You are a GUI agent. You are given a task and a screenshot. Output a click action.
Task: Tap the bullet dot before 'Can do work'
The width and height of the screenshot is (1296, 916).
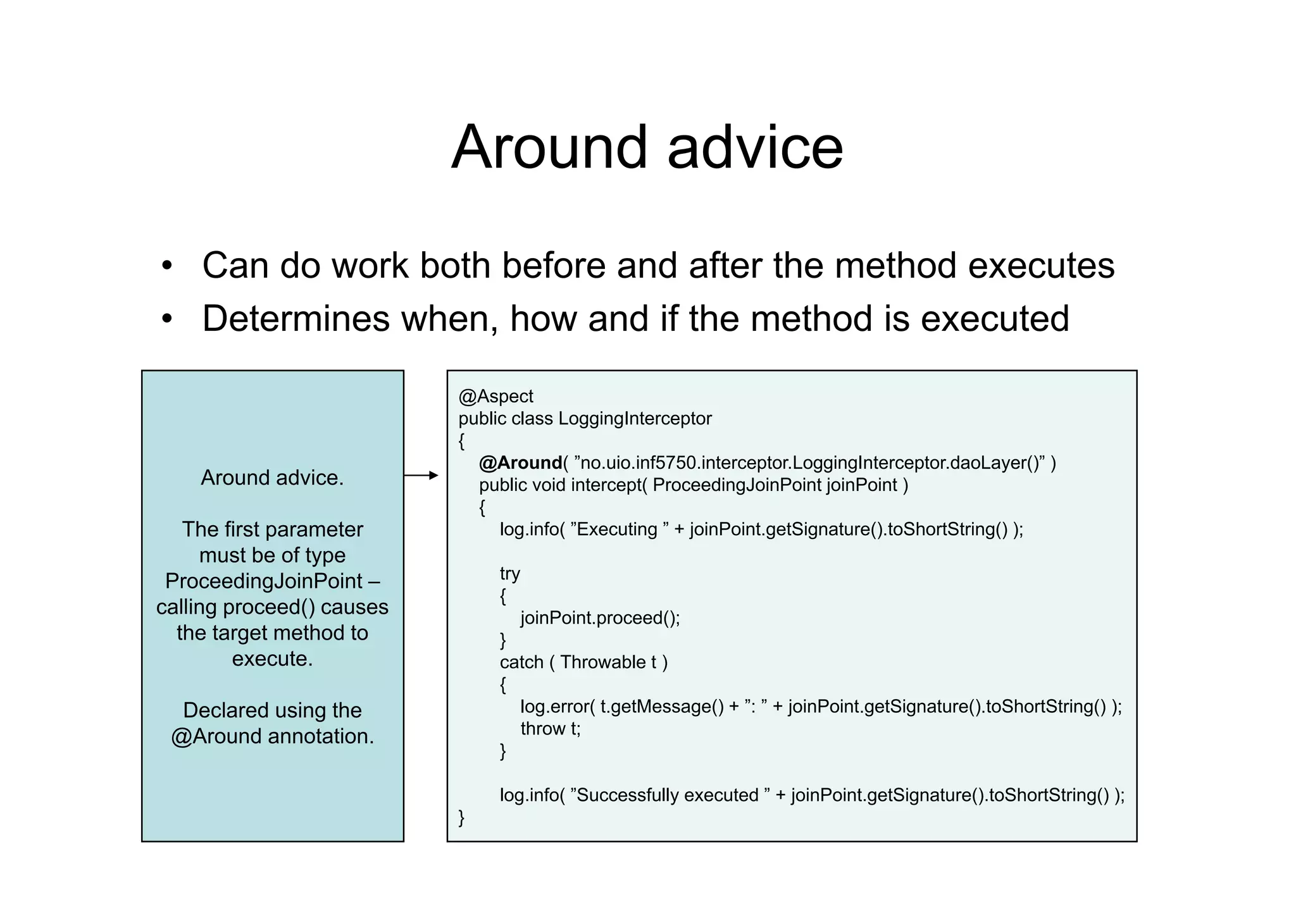[166, 266]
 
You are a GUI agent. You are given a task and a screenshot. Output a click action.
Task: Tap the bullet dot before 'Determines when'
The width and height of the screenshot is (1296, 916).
[166, 319]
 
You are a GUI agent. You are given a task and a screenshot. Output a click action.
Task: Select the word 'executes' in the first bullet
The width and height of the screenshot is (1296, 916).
[1041, 266]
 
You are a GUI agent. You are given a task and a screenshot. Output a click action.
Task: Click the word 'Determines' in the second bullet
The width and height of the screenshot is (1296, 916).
[296, 319]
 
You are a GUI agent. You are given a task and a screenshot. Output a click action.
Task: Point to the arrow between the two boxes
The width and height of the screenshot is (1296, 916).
[421, 475]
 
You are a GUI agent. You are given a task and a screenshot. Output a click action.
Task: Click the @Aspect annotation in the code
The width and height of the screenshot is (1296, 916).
[495, 397]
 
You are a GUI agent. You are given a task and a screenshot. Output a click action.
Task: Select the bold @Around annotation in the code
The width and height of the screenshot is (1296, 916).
[520, 463]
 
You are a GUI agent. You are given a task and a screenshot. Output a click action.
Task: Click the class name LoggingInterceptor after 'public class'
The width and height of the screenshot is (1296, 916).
[635, 419]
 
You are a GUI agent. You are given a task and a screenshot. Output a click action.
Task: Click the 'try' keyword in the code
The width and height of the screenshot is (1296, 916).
[509, 574]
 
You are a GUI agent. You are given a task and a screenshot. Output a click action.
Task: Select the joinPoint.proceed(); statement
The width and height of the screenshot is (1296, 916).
[600, 618]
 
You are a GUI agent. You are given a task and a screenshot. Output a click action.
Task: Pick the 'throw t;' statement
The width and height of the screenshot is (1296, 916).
[550, 729]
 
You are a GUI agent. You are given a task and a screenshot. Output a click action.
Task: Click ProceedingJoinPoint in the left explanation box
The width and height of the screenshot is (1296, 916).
[264, 581]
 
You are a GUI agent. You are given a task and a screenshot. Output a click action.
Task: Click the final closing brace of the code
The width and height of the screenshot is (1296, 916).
[461, 818]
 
